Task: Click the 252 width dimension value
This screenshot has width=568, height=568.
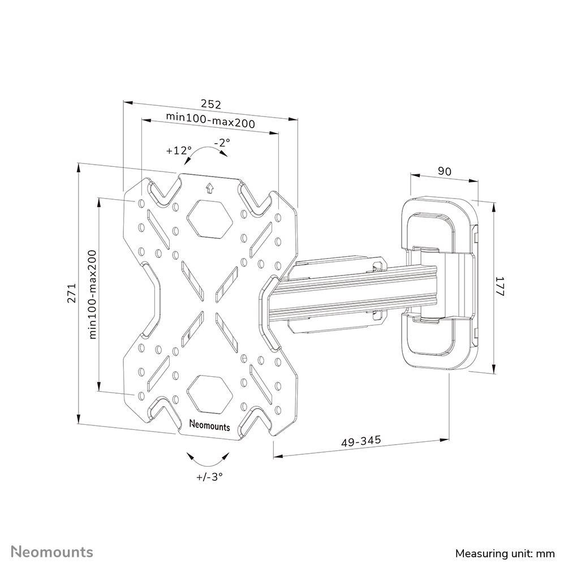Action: pyautogui.click(x=210, y=104)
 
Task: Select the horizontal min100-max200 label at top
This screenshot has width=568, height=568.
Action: pyautogui.click(x=210, y=120)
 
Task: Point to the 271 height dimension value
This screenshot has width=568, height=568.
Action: pyautogui.click(x=72, y=293)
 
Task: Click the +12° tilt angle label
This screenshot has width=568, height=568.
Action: pyautogui.click(x=179, y=151)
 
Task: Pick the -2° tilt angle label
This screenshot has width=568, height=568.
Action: pyautogui.click(x=222, y=143)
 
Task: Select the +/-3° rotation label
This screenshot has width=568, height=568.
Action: pyautogui.click(x=209, y=476)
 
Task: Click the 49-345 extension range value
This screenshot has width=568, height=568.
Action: pyautogui.click(x=361, y=440)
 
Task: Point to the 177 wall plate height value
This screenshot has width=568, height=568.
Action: pyautogui.click(x=500, y=288)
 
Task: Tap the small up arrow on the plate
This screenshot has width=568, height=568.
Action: pyautogui.click(x=209, y=188)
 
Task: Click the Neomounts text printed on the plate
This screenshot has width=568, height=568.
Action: pyautogui.click(x=209, y=425)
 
